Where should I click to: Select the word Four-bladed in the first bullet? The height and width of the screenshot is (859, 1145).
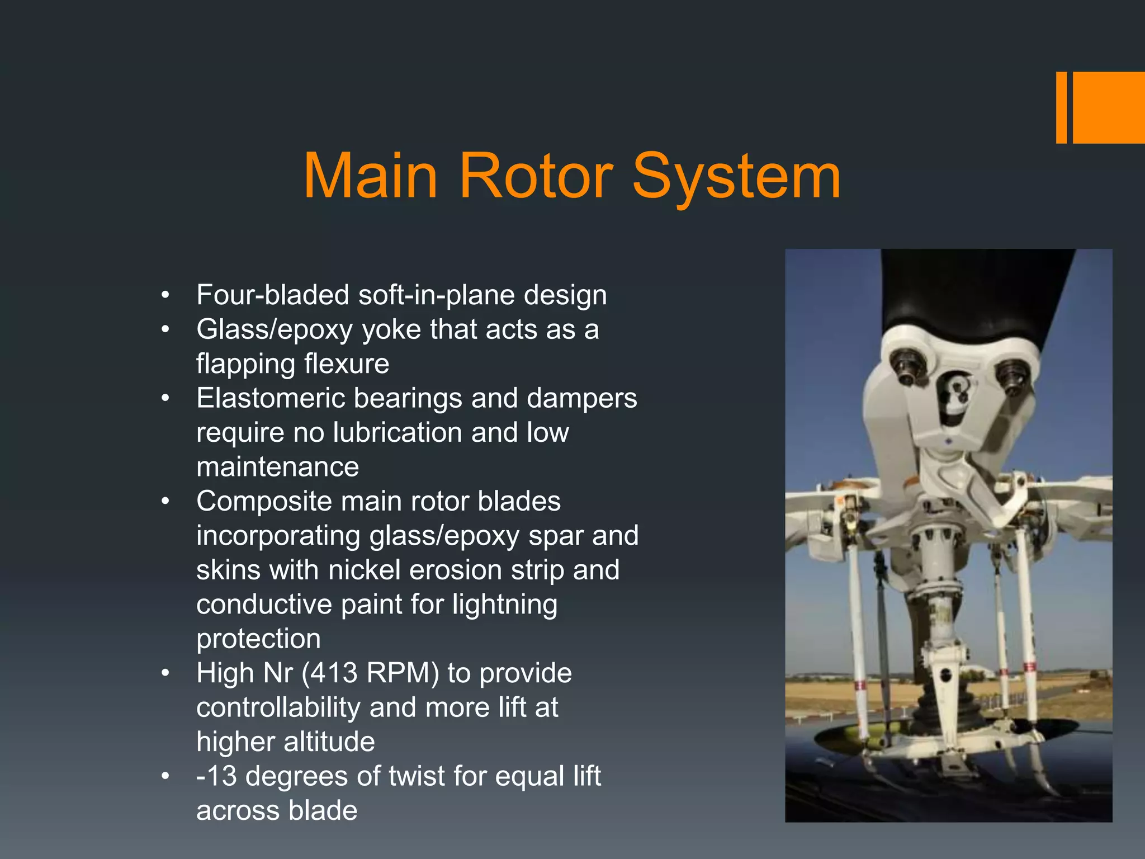coord(273,295)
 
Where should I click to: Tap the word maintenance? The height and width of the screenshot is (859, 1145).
coord(277,467)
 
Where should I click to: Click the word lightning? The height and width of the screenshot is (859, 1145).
coord(504,605)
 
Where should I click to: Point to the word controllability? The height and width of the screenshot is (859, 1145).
coord(278,707)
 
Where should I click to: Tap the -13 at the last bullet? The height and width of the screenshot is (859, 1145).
coord(216,776)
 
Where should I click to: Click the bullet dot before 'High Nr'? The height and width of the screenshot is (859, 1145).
coord(165,673)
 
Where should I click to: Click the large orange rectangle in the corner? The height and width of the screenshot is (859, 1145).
coord(1109,107)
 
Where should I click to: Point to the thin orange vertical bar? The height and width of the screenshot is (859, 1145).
coord(1061,107)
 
